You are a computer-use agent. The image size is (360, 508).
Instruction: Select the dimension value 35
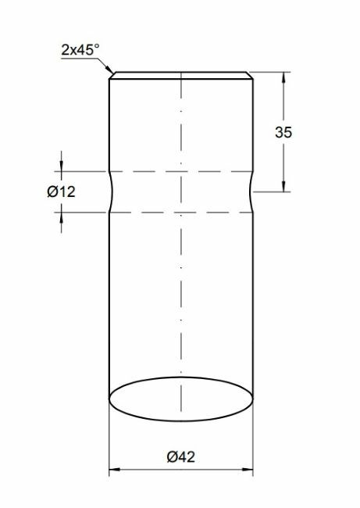283,133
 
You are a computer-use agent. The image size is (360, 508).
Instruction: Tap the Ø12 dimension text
61,191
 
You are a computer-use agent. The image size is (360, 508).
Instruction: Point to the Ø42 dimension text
180,457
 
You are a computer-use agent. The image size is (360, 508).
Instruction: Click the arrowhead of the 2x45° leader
111,73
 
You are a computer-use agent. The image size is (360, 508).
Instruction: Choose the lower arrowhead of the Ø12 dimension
61,215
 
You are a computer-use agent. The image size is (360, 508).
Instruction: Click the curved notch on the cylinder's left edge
110,191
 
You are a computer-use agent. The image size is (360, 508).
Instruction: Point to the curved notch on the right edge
251,191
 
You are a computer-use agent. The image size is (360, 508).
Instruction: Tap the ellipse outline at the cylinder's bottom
180,418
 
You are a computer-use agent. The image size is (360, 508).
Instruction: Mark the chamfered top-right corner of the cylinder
251,77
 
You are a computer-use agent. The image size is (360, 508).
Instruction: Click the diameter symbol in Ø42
171,457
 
